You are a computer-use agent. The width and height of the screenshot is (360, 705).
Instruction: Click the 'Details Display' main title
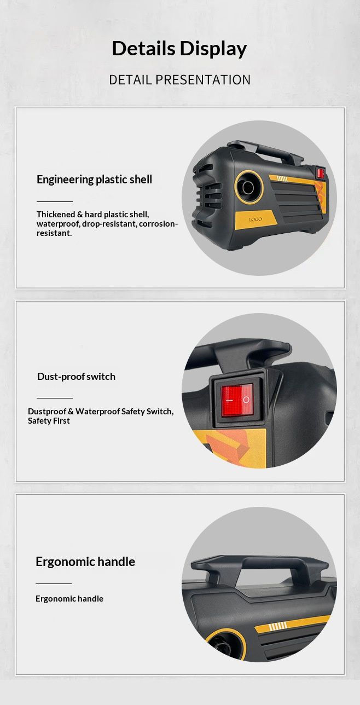coord(179,49)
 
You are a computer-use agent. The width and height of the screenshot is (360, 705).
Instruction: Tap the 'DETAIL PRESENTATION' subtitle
coord(179,80)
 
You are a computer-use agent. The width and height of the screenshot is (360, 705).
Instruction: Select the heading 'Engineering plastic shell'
coord(95,180)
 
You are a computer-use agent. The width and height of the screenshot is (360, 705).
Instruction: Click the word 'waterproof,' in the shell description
coord(59,224)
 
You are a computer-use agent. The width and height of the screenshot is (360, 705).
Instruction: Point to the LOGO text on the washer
coord(255,219)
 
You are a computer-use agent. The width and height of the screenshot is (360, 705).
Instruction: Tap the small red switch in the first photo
coord(321,173)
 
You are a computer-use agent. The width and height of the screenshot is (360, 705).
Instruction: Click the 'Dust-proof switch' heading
coord(76,377)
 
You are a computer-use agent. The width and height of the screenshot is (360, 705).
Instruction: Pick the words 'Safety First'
coord(49,421)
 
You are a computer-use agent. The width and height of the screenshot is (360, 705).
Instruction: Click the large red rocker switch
coord(237,400)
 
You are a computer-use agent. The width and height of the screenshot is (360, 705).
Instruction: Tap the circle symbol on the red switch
coord(246,400)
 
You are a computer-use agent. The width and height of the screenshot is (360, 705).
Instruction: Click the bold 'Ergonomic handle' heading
coord(85,562)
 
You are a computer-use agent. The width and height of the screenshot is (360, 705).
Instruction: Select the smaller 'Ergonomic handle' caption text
coord(69,599)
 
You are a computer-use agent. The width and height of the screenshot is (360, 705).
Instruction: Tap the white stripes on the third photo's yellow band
coord(277,626)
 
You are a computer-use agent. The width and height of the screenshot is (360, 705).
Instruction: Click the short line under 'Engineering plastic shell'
coord(55,201)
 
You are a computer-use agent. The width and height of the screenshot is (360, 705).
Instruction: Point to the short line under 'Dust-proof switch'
coord(55,398)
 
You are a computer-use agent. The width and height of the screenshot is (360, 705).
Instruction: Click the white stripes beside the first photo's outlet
coord(282,179)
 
